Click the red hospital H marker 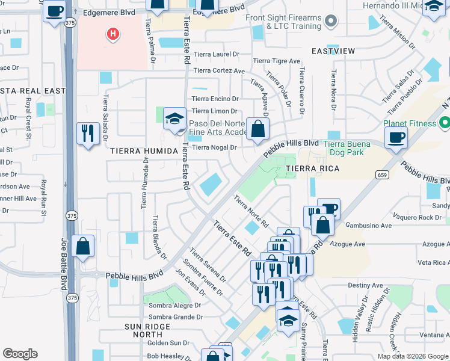[112, 35]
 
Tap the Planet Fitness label [410, 124]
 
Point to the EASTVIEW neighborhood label [333, 52]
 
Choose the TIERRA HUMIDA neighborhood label [135, 151]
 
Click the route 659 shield [382, 174]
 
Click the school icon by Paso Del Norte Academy [174, 119]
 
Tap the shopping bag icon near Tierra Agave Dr [257, 129]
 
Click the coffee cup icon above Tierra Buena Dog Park [396, 137]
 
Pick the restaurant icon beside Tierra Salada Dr [88, 134]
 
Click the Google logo [20, 354]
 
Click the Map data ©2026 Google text [412, 356]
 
